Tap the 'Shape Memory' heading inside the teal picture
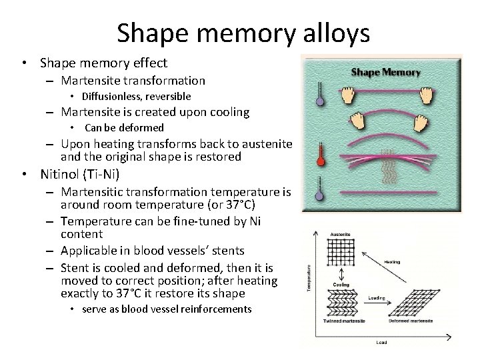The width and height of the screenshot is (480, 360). point(385,72)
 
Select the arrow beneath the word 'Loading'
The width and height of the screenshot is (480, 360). point(377,304)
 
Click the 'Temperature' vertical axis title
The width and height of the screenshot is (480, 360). point(309,279)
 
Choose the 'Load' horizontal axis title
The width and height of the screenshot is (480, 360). point(381,343)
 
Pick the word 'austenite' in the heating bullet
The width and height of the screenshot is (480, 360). point(269,143)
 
